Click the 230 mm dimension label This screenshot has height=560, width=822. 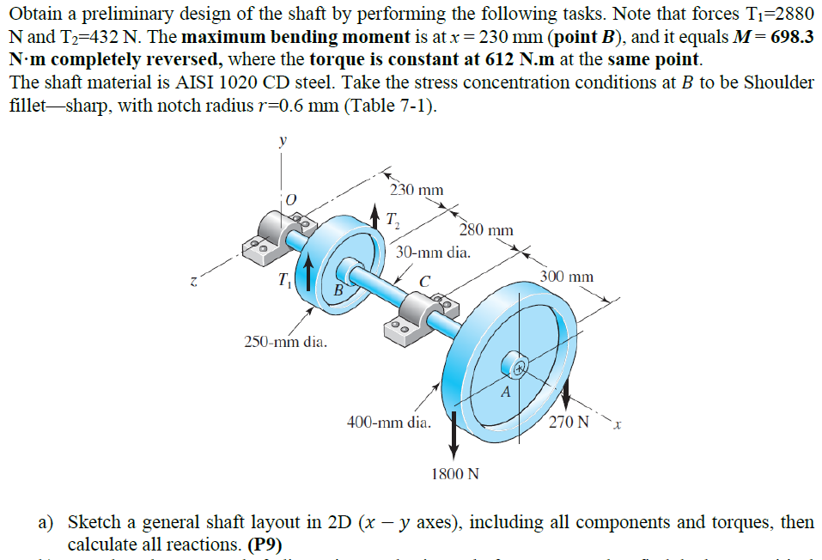coord(417,190)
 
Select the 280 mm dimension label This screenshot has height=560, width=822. coord(486,229)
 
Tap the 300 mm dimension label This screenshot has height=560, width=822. coord(567,277)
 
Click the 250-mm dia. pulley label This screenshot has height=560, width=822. coord(285,343)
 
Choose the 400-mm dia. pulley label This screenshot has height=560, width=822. coord(387,422)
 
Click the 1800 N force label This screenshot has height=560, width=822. coord(454,473)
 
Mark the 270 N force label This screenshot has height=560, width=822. coord(569,423)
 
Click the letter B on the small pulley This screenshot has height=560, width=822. coord(338,290)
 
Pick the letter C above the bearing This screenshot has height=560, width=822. coord(424,280)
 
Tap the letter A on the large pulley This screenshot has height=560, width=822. coord(506,393)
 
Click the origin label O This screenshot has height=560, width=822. coord(290,198)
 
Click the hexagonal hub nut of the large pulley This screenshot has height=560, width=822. coord(518,367)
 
